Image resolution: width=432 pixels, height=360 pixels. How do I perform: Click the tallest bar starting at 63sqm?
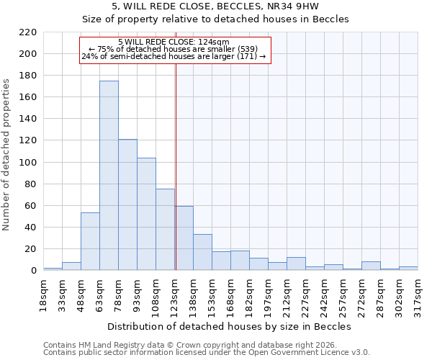(109, 176)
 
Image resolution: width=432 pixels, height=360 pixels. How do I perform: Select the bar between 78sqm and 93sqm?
(127, 204)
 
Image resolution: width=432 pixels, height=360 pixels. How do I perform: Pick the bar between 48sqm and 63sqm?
(90, 241)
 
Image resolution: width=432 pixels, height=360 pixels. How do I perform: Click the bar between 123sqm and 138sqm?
(184, 238)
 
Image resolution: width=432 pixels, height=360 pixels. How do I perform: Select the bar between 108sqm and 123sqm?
(165, 230)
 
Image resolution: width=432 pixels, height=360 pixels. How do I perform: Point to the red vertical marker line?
(176, 166)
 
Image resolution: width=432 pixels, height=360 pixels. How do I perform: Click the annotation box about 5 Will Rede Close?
(175, 50)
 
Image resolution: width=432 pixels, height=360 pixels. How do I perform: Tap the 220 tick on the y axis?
(28, 32)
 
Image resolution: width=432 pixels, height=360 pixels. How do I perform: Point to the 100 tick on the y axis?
(28, 163)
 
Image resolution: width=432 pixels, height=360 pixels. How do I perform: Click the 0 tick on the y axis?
(33, 271)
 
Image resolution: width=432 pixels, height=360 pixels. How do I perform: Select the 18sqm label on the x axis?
(43, 294)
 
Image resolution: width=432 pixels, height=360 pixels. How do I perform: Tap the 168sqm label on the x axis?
(230, 294)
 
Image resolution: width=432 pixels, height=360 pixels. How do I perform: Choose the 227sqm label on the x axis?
(305, 294)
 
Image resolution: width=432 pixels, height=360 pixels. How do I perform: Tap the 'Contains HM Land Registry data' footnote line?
(192, 345)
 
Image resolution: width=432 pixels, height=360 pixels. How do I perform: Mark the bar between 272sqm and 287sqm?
(371, 266)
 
